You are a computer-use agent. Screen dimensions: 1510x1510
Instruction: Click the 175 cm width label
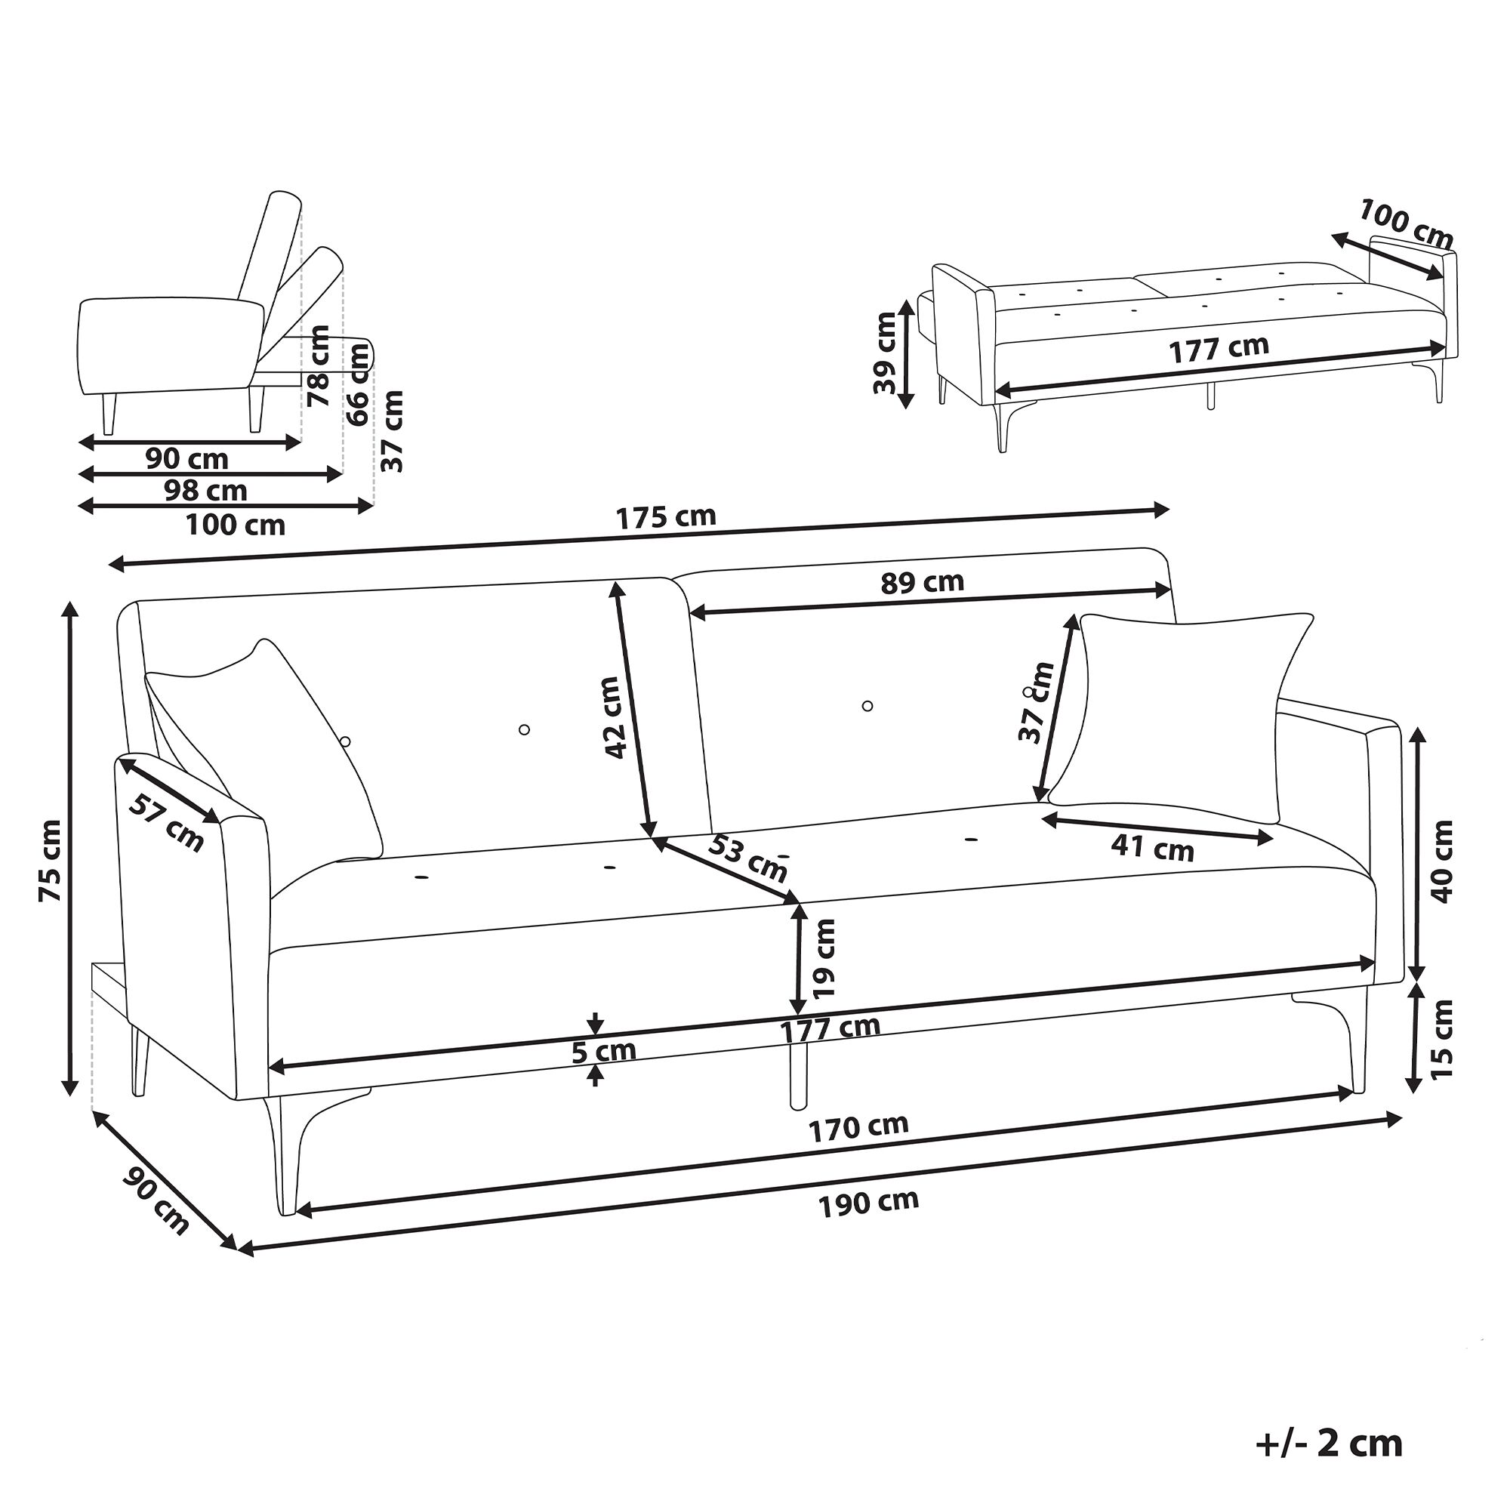(x=666, y=517)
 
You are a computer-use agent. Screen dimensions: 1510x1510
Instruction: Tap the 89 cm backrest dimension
(x=923, y=581)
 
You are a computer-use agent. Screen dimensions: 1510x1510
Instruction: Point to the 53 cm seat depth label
(x=747, y=858)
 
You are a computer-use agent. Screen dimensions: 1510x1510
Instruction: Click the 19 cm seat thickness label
(x=824, y=958)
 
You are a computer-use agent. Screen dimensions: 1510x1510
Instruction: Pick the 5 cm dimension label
(x=603, y=1051)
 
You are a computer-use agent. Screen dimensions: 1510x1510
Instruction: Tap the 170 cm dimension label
(x=858, y=1127)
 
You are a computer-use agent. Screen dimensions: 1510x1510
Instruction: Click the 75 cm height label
(x=50, y=861)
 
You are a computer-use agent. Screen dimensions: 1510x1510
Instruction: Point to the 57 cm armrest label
(x=165, y=822)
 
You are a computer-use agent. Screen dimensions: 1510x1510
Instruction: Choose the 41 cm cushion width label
(x=1153, y=848)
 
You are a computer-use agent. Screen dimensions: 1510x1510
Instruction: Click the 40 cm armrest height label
(x=1443, y=861)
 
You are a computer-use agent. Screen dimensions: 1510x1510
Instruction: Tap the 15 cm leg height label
(x=1443, y=1040)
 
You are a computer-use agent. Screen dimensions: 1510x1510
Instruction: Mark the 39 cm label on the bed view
(x=884, y=353)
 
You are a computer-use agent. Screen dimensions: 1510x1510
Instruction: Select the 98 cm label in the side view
(x=205, y=490)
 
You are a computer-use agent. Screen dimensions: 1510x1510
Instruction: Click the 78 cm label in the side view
(x=319, y=365)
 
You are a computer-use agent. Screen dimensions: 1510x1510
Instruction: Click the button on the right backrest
(x=867, y=706)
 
